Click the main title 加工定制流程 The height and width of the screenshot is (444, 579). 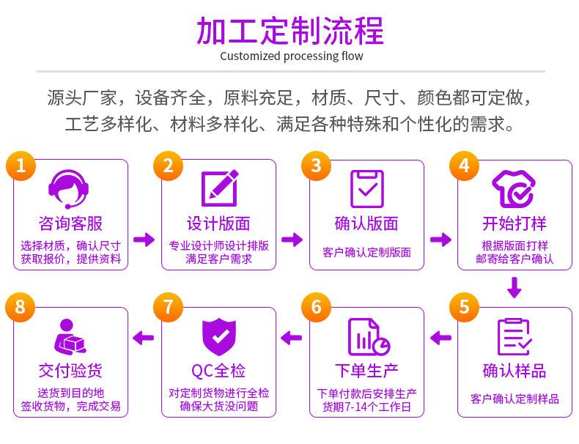click(x=290, y=30)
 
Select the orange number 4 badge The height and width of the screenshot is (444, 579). click(x=464, y=165)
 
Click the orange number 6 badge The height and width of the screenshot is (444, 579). click(x=316, y=306)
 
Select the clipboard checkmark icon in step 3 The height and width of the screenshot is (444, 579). click(x=366, y=188)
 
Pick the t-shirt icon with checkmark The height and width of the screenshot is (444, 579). click(x=514, y=188)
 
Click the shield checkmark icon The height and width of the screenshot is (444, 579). click(x=218, y=336)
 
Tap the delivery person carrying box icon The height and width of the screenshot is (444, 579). click(x=70, y=336)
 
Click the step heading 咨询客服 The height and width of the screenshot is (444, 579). click(x=70, y=223)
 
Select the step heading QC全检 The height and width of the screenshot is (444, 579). click(x=218, y=369)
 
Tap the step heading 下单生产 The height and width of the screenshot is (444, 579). click(x=367, y=369)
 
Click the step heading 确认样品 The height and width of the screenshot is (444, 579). click(x=515, y=369)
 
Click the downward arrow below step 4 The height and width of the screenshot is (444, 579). click(x=515, y=287)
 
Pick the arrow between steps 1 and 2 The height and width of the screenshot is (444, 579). click(x=144, y=240)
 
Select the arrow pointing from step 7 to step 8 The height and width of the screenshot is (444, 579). click(x=144, y=337)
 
